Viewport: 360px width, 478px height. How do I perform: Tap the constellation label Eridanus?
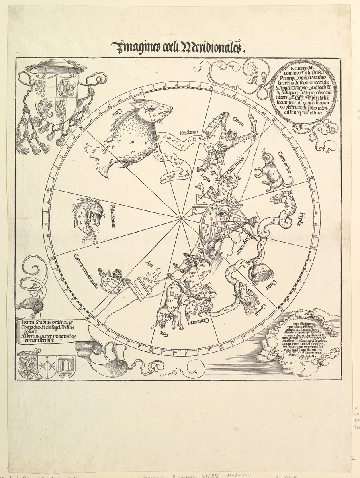coord(189,133)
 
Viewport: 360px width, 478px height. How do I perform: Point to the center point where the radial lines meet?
coord(182,218)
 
